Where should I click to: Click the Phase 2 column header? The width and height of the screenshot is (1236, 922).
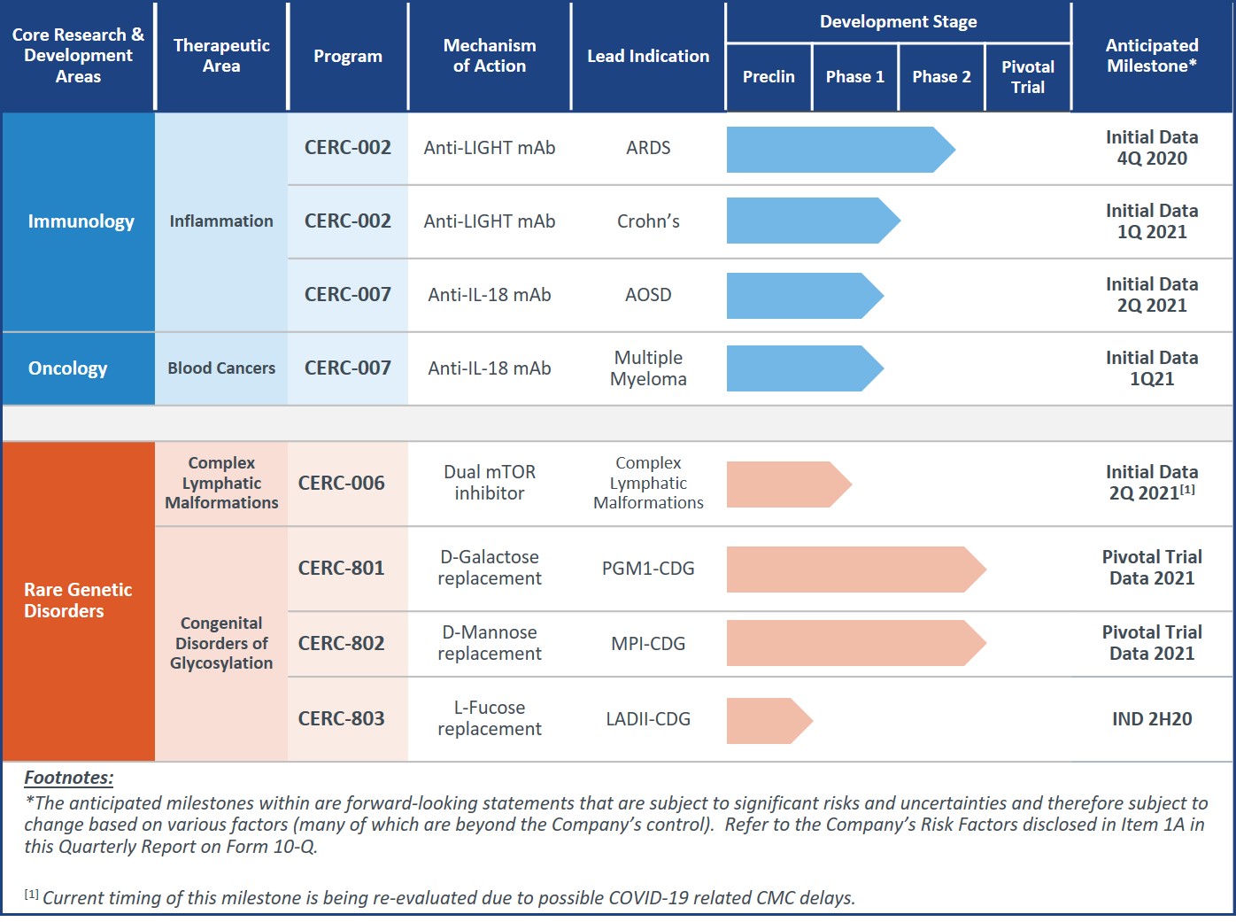(x=941, y=77)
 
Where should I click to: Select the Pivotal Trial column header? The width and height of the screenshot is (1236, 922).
(x=1027, y=77)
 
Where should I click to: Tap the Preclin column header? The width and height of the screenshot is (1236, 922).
(x=769, y=77)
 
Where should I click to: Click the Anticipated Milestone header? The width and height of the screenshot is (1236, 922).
(x=1151, y=56)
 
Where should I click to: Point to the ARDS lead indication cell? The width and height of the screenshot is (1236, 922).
(x=648, y=148)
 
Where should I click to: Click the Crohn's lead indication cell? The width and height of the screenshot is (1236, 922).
(x=648, y=221)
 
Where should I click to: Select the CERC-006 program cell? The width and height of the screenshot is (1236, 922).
(x=342, y=484)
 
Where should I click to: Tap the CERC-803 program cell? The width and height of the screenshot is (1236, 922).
(x=342, y=719)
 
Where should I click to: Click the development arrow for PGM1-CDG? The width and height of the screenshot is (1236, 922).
(x=855, y=569)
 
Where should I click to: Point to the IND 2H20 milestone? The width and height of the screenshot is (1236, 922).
(x=1152, y=719)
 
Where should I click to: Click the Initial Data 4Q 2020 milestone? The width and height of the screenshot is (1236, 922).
(x=1152, y=148)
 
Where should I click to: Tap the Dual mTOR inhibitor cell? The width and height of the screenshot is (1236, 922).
(x=490, y=483)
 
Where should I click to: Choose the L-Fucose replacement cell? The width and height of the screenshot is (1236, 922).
(x=490, y=718)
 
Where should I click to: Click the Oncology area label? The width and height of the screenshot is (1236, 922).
(x=68, y=368)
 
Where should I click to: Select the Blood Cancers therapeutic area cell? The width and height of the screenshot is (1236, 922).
(x=221, y=368)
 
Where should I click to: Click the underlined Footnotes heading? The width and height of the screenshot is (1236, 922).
(x=69, y=779)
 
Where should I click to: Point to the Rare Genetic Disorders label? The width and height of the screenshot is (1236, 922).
(x=78, y=600)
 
